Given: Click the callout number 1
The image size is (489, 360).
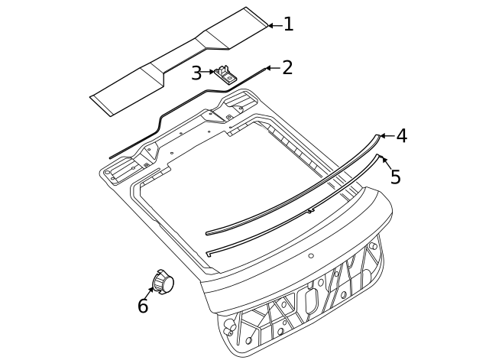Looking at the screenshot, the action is coord(289,24).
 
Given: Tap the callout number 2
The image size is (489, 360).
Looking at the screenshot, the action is coord(287,67).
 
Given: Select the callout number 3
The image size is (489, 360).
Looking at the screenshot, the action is coord(196,73).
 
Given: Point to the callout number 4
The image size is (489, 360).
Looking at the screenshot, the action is coord(402,136).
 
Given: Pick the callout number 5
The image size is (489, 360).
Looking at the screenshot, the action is coord(396,177).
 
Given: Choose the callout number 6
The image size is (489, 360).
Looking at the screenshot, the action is coord(143,306).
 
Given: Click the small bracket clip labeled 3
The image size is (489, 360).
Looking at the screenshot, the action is coord(225,75).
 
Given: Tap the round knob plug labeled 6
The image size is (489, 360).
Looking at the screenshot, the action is coord(163,282).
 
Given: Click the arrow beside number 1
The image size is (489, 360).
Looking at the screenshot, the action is coord(275,25).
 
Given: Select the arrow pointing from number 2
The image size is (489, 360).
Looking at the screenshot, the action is coord(274,68).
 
